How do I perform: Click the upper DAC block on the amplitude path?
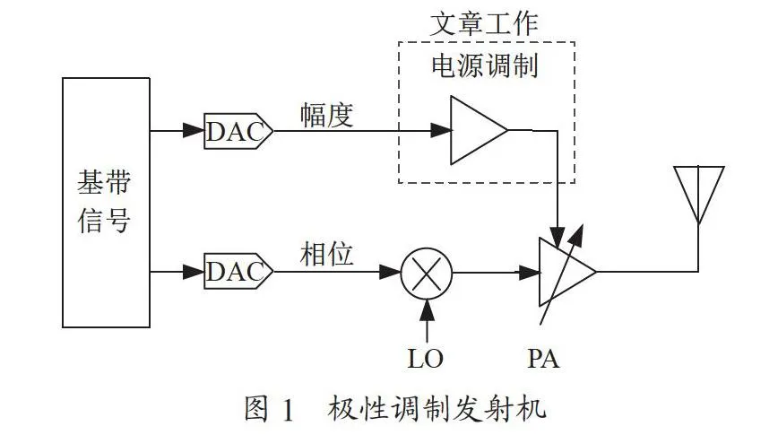coord(238,131)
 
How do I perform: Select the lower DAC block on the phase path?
coord(238,271)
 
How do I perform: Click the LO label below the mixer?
coord(425,359)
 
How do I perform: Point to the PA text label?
coord(543,359)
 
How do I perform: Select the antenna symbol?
coord(698,196)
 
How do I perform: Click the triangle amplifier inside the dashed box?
coord(479,130)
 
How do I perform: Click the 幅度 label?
coord(326,115)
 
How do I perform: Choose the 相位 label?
coord(326,254)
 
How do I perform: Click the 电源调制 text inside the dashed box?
coord(484,66)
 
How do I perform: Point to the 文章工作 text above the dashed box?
coord(484,24)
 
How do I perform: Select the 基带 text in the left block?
coord(104,182)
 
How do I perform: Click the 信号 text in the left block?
coord(104,220)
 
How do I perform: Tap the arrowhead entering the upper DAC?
coord(194,131)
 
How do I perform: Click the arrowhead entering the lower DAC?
coord(194,272)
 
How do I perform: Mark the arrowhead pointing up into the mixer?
coord(427,310)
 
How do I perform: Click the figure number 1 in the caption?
coord(288,409)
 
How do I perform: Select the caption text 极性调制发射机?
coord(437,409)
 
